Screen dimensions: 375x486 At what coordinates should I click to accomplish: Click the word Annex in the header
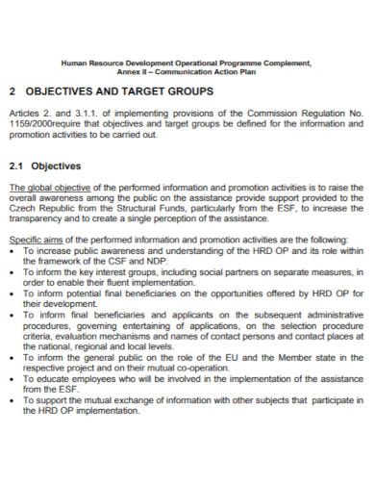pyautogui.click(x=129, y=70)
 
